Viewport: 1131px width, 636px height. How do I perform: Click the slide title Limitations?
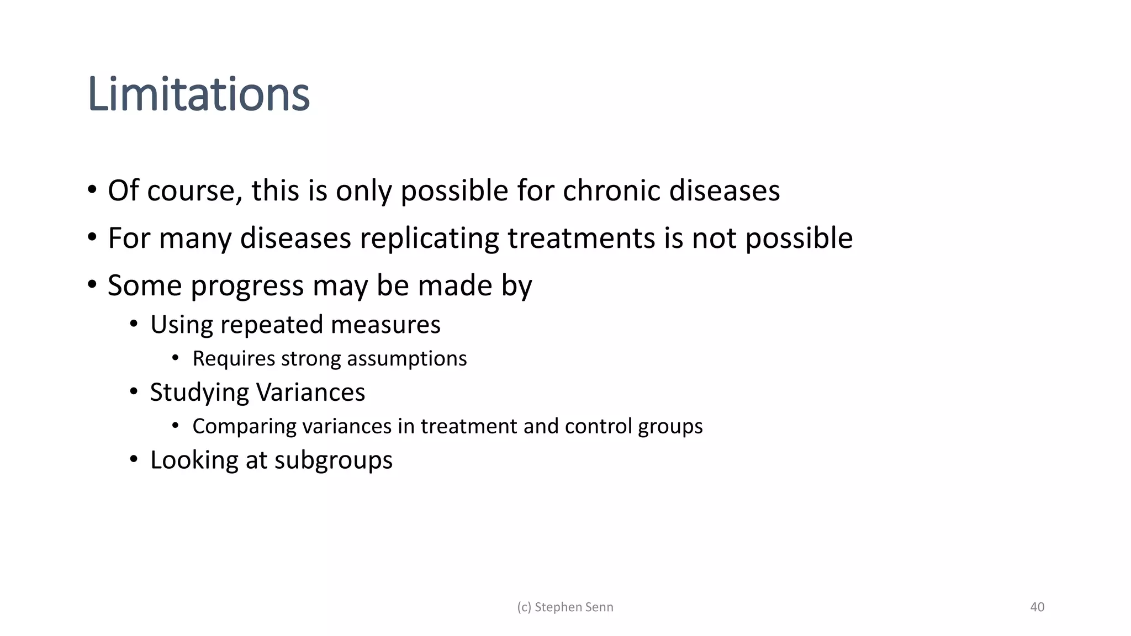(199, 95)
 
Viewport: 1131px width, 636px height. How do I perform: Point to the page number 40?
(1037, 607)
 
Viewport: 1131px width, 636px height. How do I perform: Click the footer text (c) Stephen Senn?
(565, 607)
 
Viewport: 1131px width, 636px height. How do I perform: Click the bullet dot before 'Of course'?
(92, 190)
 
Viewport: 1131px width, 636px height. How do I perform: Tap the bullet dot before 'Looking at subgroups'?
(134, 459)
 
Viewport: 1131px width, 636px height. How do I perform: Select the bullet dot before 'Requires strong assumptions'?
(176, 359)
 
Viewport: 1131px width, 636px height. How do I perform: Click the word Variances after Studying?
(311, 393)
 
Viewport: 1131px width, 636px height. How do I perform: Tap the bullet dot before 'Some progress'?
(92, 285)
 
